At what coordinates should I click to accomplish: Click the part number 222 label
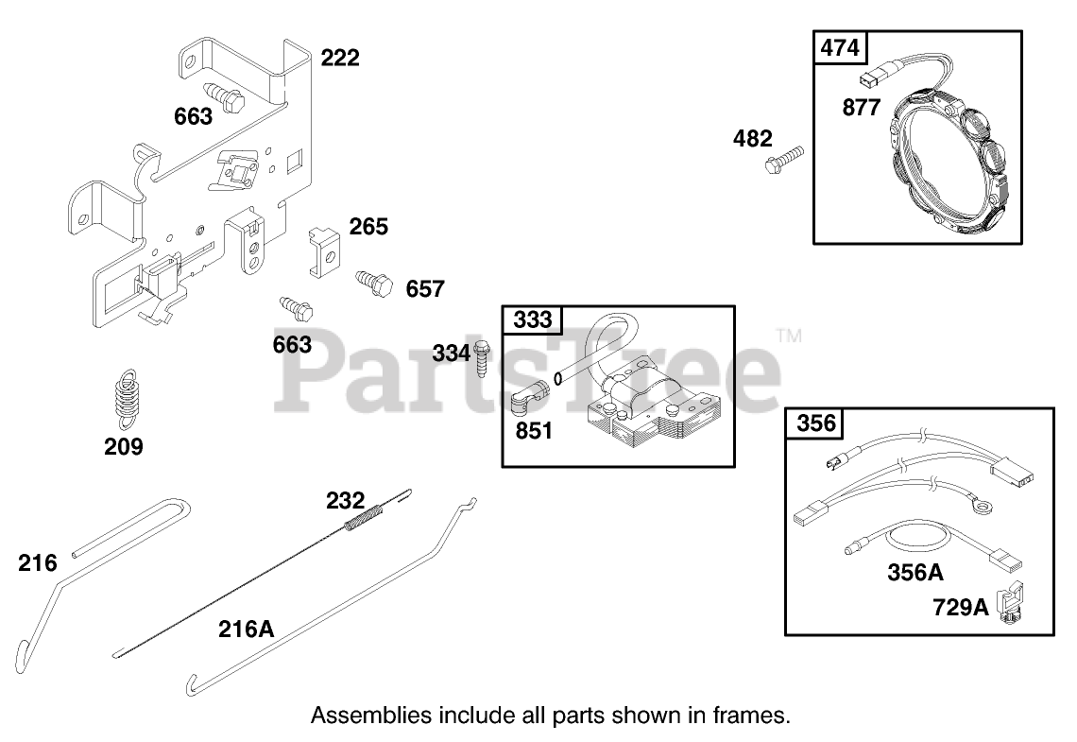point(340,58)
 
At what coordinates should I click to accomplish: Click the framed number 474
point(840,48)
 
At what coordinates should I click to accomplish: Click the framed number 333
point(532,320)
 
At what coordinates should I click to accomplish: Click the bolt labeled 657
point(372,281)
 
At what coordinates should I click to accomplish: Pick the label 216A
point(246,628)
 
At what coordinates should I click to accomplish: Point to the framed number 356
point(816,423)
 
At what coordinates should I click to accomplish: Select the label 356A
point(915,572)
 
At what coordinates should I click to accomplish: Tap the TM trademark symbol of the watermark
point(788,336)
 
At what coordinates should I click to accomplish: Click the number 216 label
point(37,563)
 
